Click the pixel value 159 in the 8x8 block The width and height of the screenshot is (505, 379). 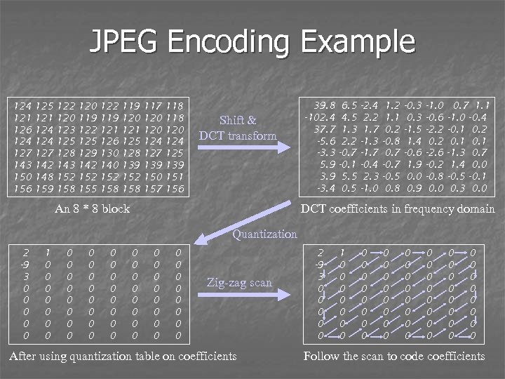pos(46,188)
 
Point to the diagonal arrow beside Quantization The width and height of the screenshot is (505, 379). pos(210,234)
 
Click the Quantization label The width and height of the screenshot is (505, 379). pos(264,234)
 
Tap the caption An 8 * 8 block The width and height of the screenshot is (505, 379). pos(93,208)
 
